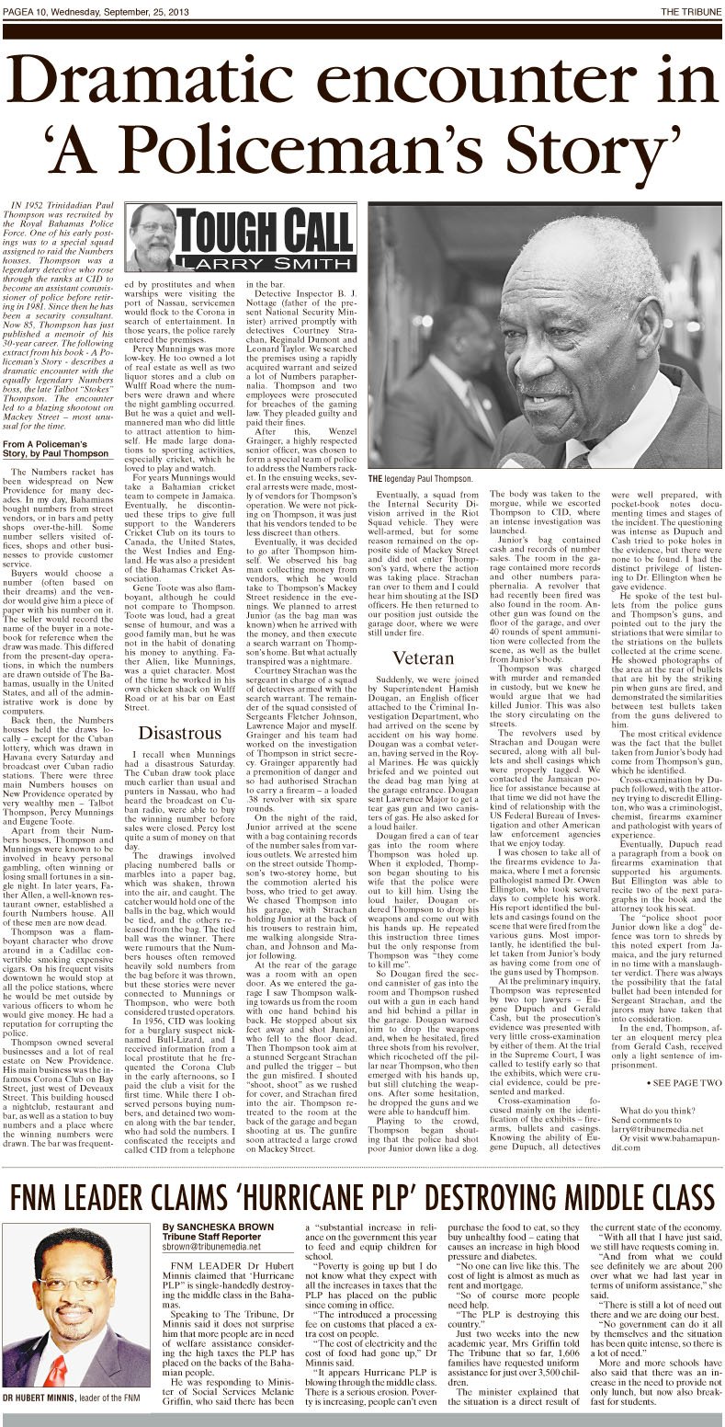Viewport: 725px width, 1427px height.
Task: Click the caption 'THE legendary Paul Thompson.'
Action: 421,479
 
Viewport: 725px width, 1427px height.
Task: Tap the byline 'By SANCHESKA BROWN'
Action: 217,1227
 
